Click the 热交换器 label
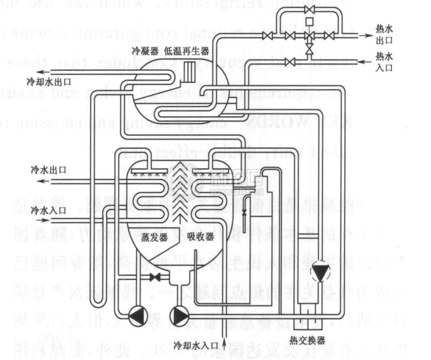[x=307, y=339]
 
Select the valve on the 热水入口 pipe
[x=310, y=62]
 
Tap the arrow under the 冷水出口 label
[x=42, y=181]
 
